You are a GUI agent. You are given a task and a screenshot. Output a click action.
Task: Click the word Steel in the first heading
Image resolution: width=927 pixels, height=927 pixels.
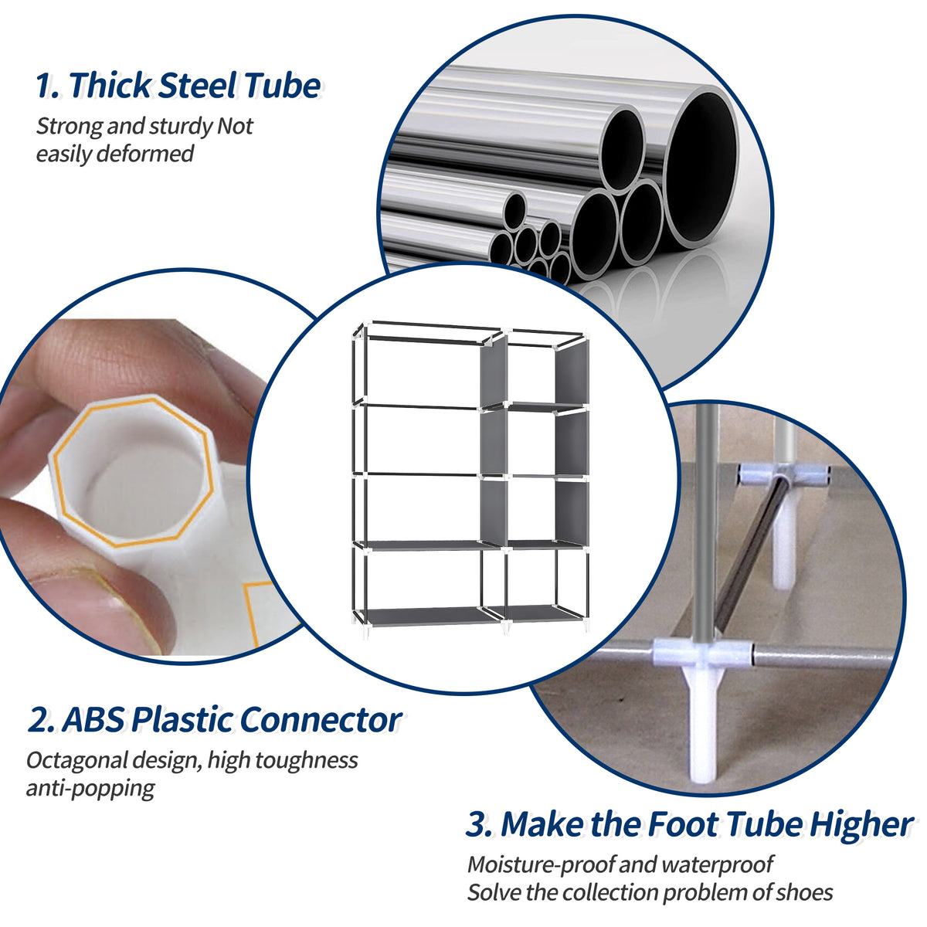196,86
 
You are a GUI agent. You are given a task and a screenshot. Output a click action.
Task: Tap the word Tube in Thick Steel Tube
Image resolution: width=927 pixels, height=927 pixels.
283,86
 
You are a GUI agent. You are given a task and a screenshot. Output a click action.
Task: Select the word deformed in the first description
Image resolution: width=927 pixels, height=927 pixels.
144,154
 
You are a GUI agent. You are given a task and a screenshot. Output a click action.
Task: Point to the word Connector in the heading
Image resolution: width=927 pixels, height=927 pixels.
321,720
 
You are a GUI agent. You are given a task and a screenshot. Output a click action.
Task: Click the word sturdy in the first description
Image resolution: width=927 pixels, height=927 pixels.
182,127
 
